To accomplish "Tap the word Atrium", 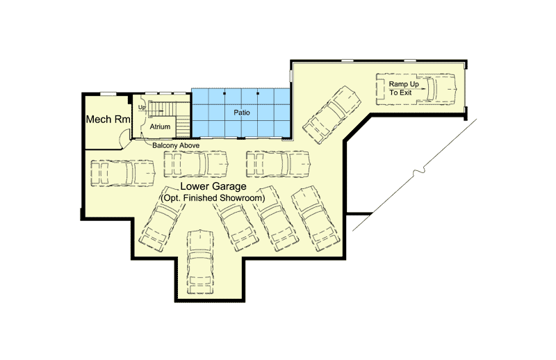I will click(160, 127).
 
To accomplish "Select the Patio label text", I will click(241, 112).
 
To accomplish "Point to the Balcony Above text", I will click(176, 145).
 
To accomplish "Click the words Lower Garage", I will click(213, 188).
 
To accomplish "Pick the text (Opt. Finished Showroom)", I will click(213, 198).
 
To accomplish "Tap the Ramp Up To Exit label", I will click(404, 88).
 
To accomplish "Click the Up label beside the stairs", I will click(142, 108).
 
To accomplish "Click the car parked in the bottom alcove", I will click(200, 261).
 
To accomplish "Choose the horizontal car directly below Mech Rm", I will click(122, 172).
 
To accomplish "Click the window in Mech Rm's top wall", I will click(108, 93).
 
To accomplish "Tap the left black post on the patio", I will click(224, 92).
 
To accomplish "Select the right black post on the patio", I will click(257, 92).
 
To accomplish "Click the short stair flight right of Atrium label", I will click(183, 126).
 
